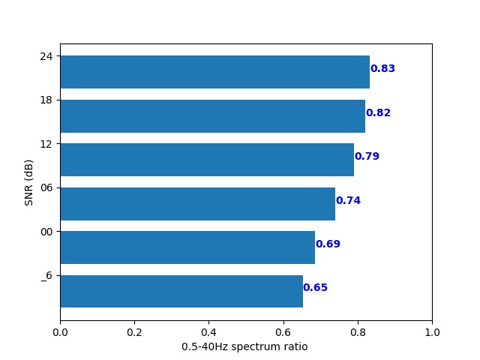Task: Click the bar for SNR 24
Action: click(x=214, y=72)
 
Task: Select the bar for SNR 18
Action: click(x=212, y=116)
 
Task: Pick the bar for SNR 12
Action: click(x=207, y=160)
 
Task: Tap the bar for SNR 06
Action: click(x=197, y=204)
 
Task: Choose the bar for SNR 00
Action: click(x=187, y=247)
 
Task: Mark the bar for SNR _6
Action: click(x=181, y=291)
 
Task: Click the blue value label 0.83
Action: click(x=382, y=69)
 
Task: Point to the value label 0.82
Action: click(x=378, y=113)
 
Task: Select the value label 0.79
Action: click(x=367, y=157)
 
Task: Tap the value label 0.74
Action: click(x=348, y=201)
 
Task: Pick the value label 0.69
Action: click(x=328, y=244)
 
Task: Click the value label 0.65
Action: click(x=315, y=288)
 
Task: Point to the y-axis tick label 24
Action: click(x=46, y=56)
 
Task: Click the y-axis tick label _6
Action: click(x=46, y=276)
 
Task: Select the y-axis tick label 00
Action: click(x=46, y=232)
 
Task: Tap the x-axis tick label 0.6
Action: click(x=283, y=331)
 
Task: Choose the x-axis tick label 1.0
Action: click(x=432, y=331)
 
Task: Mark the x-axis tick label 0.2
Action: click(x=134, y=331)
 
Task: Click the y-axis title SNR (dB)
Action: click(x=29, y=182)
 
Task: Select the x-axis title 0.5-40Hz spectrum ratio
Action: click(x=244, y=347)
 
